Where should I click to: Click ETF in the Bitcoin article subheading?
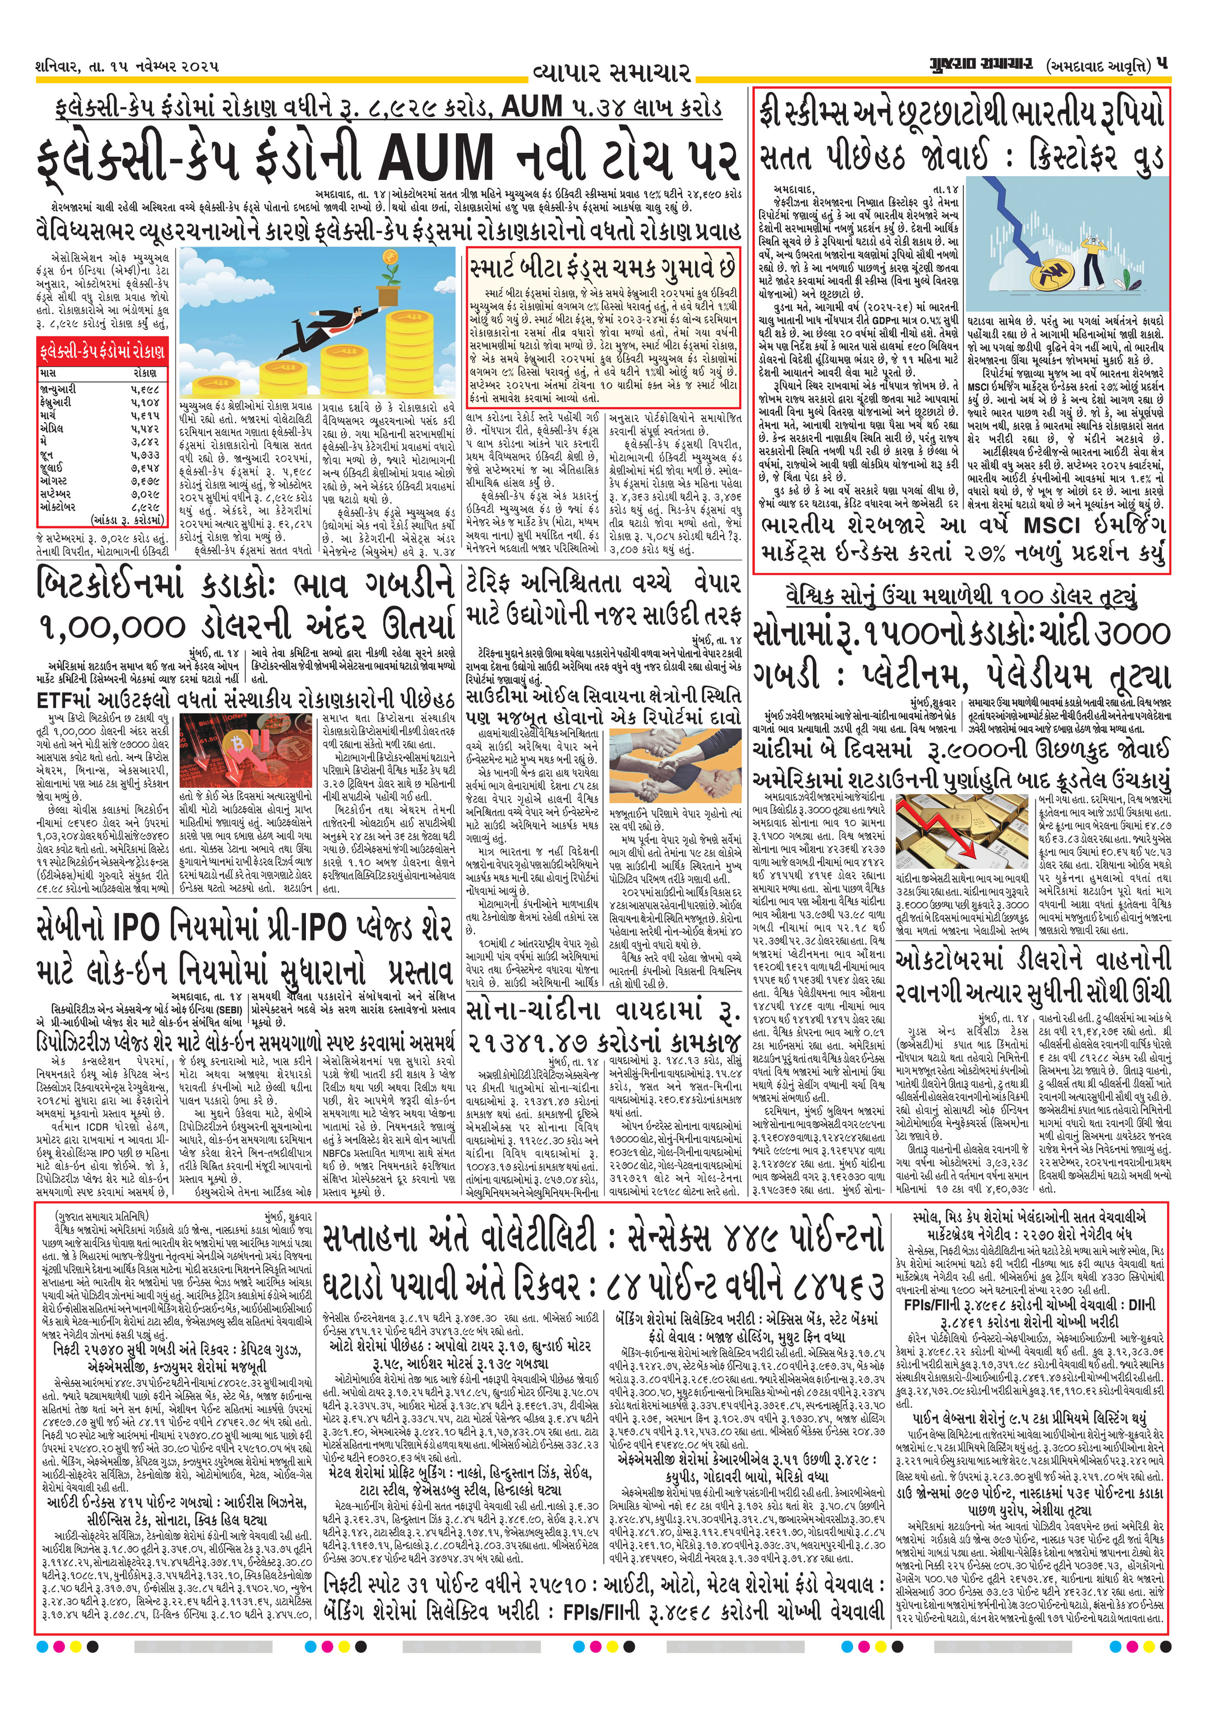pos(60,699)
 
